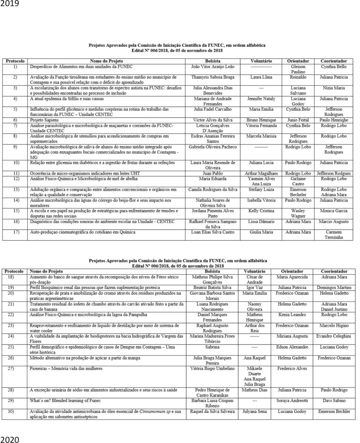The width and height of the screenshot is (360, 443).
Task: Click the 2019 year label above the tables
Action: [9, 4]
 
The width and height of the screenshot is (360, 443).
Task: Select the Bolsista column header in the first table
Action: [212, 61]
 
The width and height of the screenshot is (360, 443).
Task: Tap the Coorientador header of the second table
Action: [334, 271]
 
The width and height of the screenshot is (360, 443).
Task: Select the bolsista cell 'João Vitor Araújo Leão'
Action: [212, 67]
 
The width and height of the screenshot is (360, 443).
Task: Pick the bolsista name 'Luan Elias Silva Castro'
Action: [212, 232]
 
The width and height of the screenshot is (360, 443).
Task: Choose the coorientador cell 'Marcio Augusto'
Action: [334, 221]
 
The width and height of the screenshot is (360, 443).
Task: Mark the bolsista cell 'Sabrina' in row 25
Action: [212, 347]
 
